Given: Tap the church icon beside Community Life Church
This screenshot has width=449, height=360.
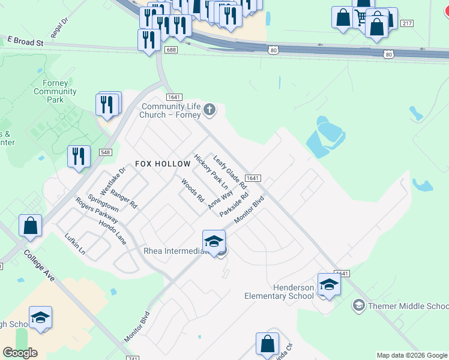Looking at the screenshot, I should coord(209,109).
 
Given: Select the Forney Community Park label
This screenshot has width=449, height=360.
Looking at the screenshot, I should coord(55,91).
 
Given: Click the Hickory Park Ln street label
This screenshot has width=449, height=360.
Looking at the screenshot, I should coord(211,172).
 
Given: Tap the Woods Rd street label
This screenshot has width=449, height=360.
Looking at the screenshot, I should coord(193,190).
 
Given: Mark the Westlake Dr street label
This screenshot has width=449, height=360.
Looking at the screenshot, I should coord(113,181).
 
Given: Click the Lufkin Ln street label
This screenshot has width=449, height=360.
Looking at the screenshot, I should coord(75,245).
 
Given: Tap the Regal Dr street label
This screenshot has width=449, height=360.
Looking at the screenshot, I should coord(60,28).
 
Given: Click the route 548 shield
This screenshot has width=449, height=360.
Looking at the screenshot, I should coord(106,153).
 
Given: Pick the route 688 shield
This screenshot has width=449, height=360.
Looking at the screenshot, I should coord(171,50).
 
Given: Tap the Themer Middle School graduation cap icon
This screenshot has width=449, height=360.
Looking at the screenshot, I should coord(358,305).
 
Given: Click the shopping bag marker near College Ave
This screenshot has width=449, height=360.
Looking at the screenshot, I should coord(30,226).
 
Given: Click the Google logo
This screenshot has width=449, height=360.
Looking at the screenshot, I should coord(20,352).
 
